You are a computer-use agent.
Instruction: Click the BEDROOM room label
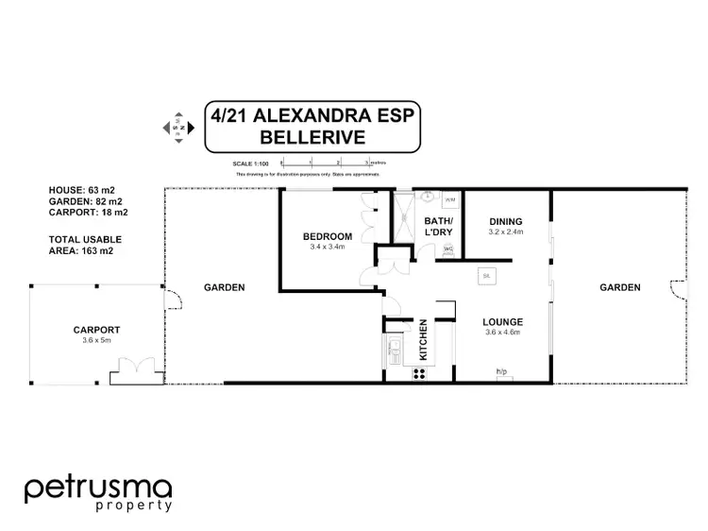click(x=328, y=236)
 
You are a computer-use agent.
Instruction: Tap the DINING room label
click(x=505, y=222)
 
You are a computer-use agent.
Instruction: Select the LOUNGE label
click(x=503, y=321)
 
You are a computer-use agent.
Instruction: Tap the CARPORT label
click(x=96, y=330)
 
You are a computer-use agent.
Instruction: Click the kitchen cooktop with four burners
click(x=420, y=372)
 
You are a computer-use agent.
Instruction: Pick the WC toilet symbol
click(x=447, y=249)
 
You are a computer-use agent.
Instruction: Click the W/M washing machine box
click(x=449, y=200)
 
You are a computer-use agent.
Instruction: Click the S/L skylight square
click(x=485, y=276)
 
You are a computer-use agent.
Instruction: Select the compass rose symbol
click(x=177, y=126)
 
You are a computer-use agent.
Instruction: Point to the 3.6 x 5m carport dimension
click(x=96, y=340)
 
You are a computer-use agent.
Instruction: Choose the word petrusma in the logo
click(x=98, y=488)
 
